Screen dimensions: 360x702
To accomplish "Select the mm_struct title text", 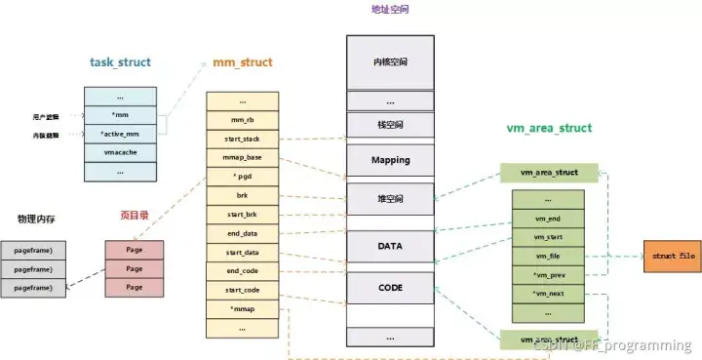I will point(243,62).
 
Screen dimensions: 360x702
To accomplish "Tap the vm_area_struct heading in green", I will point(549,128).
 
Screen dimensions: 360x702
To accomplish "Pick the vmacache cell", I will point(120,153).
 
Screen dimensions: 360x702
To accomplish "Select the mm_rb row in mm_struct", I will point(243,121).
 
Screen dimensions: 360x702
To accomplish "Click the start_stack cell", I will point(243,140).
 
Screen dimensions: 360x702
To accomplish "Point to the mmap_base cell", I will point(243,158).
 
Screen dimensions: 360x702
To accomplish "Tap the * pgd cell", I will point(243,177).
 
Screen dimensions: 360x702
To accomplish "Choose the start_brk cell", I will point(243,214).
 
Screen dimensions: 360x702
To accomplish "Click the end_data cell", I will point(243,233).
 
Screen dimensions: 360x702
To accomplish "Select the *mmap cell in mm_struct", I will point(243,308).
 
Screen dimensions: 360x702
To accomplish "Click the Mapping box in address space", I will point(390,160).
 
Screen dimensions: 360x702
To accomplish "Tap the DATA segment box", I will point(390,247).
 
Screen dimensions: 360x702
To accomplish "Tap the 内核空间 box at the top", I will point(390,61).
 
